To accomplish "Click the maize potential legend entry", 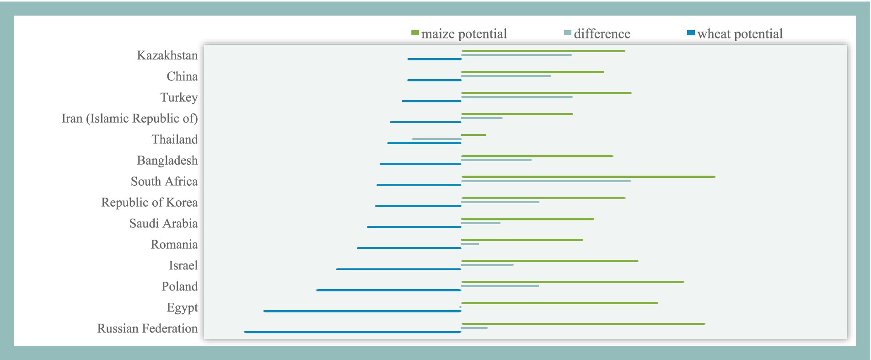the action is (459, 34).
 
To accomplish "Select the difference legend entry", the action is (597, 34).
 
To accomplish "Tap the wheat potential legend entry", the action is (735, 34).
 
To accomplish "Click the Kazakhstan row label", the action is (167, 55).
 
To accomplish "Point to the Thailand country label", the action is (175, 140).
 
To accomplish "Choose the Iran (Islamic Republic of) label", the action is (130, 118).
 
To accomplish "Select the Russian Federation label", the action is (147, 328).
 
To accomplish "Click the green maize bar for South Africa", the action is (588, 177).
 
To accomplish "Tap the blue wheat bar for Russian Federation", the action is (353, 332).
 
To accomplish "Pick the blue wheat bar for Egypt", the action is (362, 311).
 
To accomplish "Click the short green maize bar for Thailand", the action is (473, 135).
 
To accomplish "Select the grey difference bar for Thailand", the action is (437, 139).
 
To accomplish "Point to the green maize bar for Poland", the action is (573, 282).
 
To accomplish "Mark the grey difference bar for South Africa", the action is (546, 181).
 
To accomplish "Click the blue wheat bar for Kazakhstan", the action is (435, 59).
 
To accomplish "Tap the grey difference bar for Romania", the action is (470, 244).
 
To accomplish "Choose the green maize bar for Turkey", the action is (546, 93).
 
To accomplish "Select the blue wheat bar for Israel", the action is (399, 269).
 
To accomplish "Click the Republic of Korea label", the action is (150, 203).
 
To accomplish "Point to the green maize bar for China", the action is (532, 72).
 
